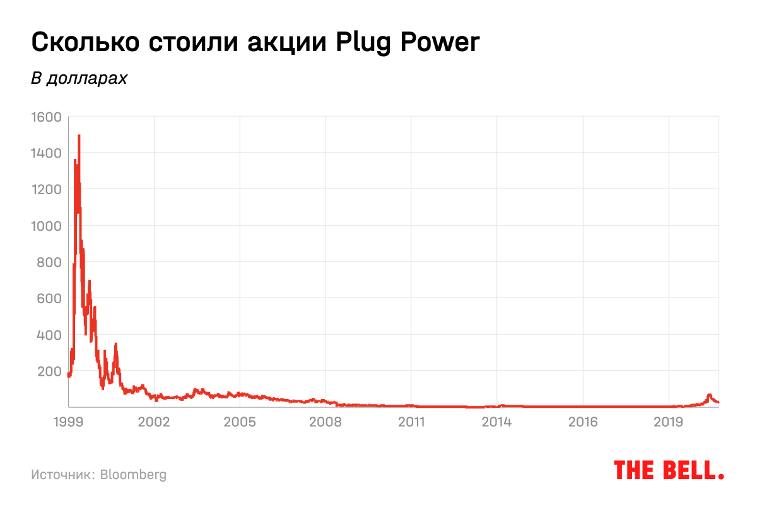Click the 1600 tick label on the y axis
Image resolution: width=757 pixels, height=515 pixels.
click(x=45, y=117)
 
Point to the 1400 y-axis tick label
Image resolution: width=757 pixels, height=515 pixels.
click(x=45, y=153)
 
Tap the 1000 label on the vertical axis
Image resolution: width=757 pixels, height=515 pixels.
click(x=45, y=226)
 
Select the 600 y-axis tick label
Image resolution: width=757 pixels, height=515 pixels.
click(x=49, y=298)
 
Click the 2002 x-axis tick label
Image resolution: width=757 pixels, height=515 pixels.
click(x=154, y=420)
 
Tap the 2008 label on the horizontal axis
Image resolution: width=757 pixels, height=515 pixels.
click(x=326, y=420)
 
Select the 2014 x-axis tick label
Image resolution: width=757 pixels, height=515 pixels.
click(x=497, y=420)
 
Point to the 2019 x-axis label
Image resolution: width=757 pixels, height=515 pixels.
click(x=669, y=420)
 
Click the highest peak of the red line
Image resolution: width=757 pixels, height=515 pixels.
click(x=79, y=136)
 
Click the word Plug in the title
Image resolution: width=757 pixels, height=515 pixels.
click(x=365, y=43)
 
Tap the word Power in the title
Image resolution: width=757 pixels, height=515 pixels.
click(x=442, y=42)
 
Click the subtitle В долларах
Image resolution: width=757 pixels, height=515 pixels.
click(x=79, y=79)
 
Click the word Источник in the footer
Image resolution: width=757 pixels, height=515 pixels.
click(x=62, y=474)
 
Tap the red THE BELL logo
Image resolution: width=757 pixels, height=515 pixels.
click(x=669, y=470)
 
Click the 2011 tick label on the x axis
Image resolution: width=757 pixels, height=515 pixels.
click(x=411, y=420)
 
